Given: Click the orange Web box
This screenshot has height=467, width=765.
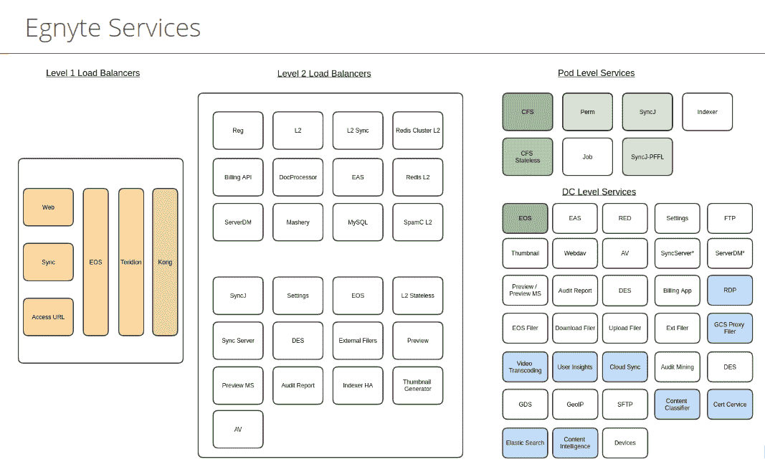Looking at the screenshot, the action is tap(48, 207).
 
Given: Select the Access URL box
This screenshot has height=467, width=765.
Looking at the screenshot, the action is tap(48, 317).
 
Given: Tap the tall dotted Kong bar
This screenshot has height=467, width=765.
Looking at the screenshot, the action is tap(165, 262).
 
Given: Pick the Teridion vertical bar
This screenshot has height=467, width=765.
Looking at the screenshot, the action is tap(131, 262).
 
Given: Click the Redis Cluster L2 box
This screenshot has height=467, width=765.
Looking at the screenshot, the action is tap(417, 131).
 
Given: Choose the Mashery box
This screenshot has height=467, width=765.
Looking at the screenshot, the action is tap(298, 222).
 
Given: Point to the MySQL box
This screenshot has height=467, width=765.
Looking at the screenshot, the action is tap(358, 222).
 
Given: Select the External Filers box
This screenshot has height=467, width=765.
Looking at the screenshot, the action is tap(358, 341).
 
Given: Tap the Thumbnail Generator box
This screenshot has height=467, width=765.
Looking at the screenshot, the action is tap(417, 385).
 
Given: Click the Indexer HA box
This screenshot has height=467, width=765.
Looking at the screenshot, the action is tap(358, 385).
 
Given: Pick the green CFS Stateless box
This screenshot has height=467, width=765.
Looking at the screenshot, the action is tap(528, 157).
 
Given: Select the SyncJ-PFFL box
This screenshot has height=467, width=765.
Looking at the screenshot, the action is tap(647, 157).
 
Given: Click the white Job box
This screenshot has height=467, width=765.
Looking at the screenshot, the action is tap(587, 157).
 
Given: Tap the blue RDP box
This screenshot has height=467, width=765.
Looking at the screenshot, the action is tap(730, 291).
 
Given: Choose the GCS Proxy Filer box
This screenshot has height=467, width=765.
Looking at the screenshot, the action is tap(730, 328).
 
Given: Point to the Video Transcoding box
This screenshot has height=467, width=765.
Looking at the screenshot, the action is tap(525, 367).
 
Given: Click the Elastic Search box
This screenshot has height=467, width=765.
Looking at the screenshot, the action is tap(525, 443).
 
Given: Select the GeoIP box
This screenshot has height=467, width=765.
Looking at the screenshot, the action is tap(575, 405).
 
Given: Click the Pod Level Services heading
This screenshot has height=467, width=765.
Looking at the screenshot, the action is tap(597, 73).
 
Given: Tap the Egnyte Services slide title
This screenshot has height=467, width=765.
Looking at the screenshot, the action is tap(113, 28).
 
